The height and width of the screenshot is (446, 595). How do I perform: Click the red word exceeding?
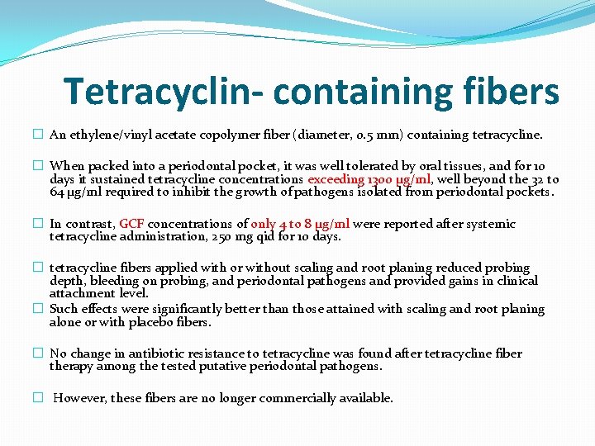336,179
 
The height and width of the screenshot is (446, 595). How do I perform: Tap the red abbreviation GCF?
133,224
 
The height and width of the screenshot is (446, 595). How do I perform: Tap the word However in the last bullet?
81,398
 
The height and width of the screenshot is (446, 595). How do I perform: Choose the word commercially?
297,398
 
